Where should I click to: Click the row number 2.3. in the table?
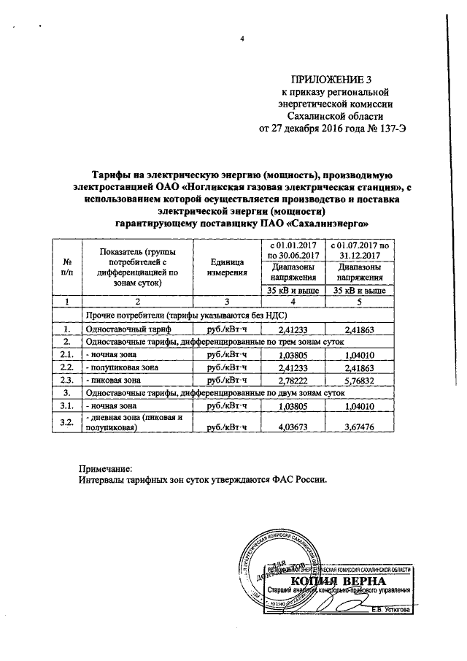(x=67, y=381)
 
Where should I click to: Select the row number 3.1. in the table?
(x=67, y=405)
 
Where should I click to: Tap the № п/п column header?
(x=67, y=267)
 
